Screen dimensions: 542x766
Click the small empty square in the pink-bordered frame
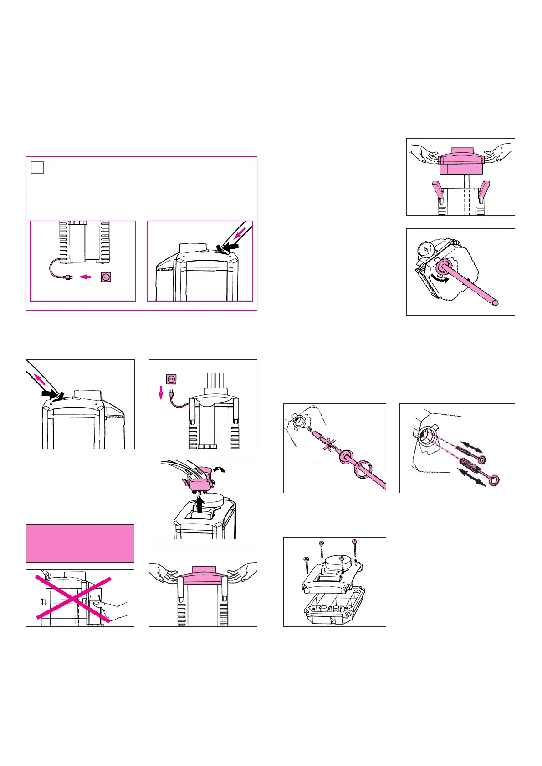37,167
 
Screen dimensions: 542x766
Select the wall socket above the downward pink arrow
171,379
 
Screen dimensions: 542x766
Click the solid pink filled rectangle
80,543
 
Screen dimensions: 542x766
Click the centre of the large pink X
73,598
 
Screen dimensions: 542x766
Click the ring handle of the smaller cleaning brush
481,460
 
